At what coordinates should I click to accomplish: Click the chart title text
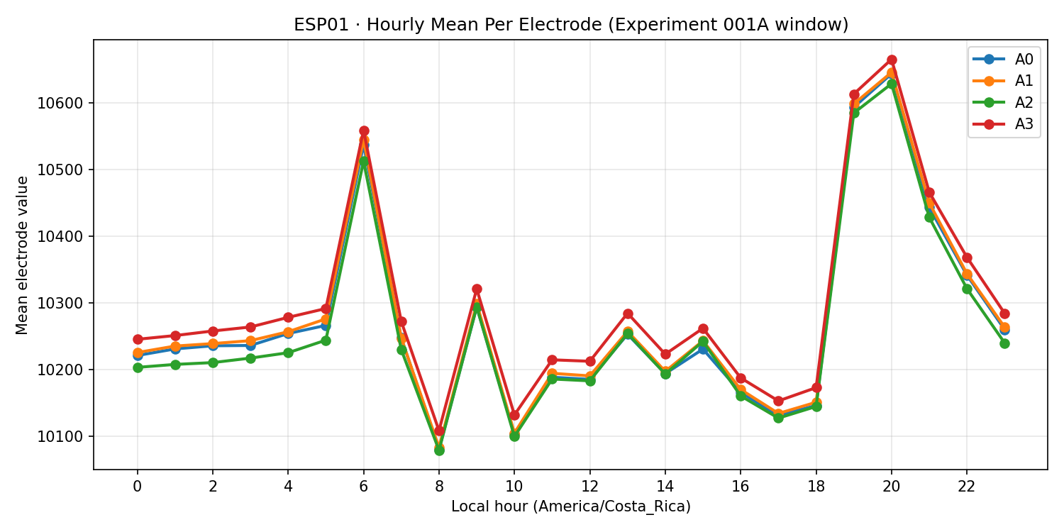coord(571,25)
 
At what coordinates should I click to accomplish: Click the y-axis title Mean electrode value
coord(23,255)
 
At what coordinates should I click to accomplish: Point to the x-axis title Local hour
coord(571,506)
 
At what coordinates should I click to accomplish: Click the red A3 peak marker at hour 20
coord(892,60)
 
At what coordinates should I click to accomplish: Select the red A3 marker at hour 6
coord(364,131)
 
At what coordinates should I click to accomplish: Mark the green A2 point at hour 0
coord(138,367)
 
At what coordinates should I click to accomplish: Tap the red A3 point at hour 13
coord(628,314)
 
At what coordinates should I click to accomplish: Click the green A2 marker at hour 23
coord(1004,343)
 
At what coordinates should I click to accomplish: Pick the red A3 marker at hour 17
coord(778,401)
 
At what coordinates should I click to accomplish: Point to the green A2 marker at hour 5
coord(326,340)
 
